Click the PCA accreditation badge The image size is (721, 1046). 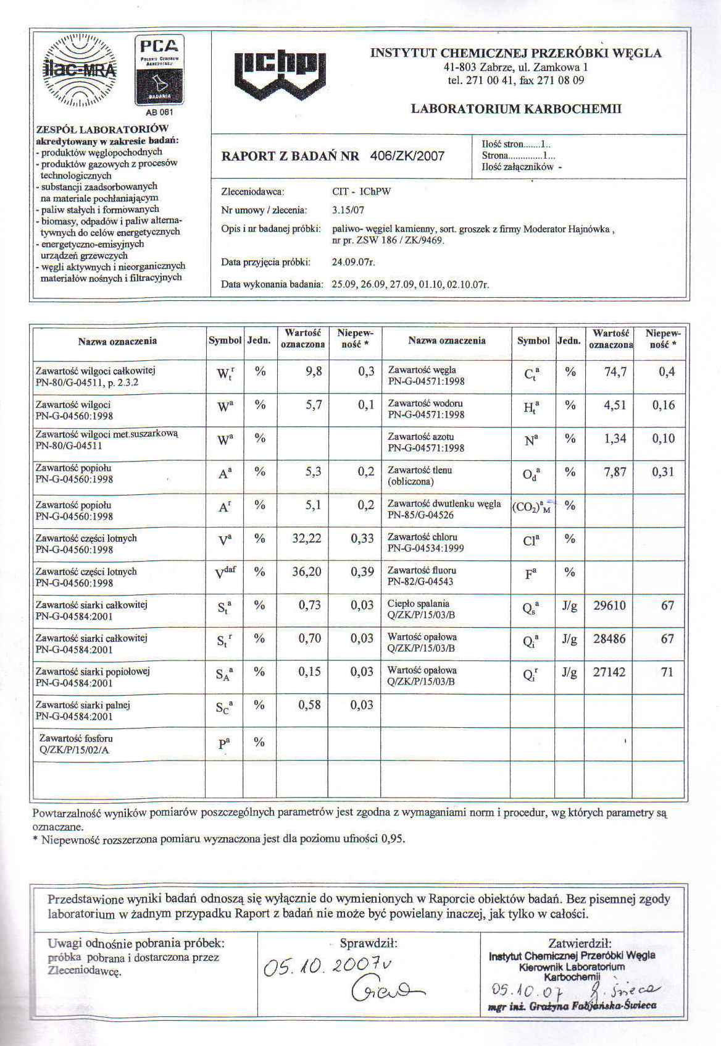pyautogui.click(x=159, y=72)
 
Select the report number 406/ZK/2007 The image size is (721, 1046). pyautogui.click(x=407, y=156)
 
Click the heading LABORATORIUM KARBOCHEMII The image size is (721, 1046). pyautogui.click(x=515, y=109)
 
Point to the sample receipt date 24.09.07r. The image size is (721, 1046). pyautogui.click(x=354, y=262)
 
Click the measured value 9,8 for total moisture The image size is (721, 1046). pyautogui.click(x=314, y=372)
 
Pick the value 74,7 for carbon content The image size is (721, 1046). pyautogui.click(x=615, y=372)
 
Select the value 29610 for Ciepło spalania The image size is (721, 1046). pyautogui.click(x=609, y=605)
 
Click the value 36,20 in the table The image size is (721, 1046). pyautogui.click(x=307, y=572)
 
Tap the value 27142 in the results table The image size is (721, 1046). pyautogui.click(x=609, y=672)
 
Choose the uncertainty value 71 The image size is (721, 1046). pyautogui.click(x=667, y=672)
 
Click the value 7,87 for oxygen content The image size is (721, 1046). pyautogui.click(x=615, y=472)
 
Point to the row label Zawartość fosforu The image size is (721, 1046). pyautogui.click(x=76, y=738)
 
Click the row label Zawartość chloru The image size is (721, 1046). pyautogui.click(x=422, y=537)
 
